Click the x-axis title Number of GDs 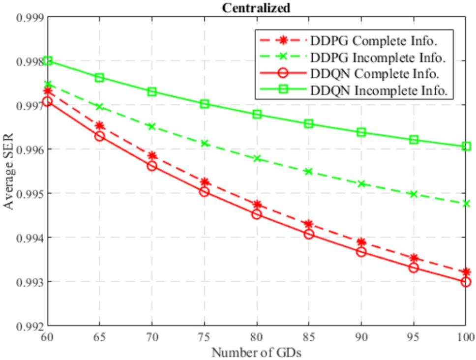pos(256,352)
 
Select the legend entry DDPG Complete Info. pos(374,39)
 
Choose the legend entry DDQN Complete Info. pos(374,74)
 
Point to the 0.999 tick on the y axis pos(30,17)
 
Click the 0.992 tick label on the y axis pos(30,326)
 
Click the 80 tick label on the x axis pos(256,338)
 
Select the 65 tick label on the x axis pos(99,338)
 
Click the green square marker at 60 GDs pos(48,60)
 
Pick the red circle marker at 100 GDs pos(465,282)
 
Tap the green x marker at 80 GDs pos(256,158)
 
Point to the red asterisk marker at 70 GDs pos(152,156)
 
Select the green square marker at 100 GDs pos(465,146)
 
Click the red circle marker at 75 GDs pos(204,191)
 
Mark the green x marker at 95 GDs pos(413,194)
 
